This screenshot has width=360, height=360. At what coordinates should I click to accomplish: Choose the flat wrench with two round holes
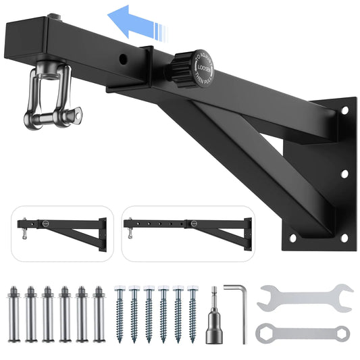coord(303,332)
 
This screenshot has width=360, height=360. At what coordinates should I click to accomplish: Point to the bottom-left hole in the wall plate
coord(292,238)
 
